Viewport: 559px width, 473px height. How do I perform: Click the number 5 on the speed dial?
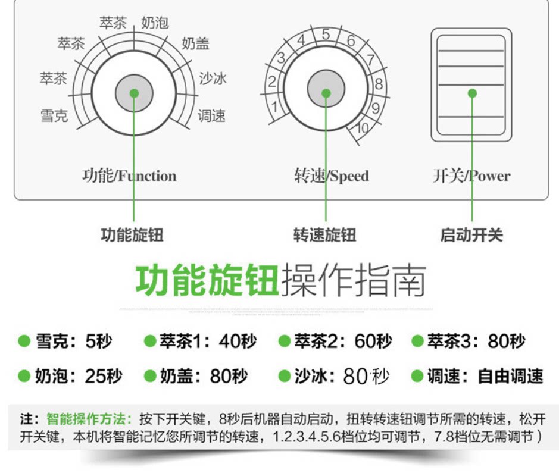pos(326,35)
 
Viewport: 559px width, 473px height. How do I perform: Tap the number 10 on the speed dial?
pos(363,127)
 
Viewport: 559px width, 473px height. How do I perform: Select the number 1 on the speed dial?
pos(274,107)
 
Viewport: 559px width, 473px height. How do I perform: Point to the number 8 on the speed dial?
pos(378,84)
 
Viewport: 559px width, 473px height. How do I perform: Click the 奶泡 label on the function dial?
pos(155,23)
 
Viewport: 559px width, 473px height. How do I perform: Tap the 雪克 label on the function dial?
pos(54,115)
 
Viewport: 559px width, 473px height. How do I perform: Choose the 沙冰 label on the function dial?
pos(213,79)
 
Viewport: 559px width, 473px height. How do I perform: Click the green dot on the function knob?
pos(134,93)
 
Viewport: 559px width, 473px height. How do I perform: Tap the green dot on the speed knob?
pos(326,93)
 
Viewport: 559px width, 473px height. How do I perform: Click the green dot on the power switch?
pos(472,93)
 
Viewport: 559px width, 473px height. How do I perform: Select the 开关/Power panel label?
pos(471,176)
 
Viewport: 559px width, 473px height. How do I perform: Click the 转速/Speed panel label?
pos(332,176)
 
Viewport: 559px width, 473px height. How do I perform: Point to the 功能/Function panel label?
pos(129,176)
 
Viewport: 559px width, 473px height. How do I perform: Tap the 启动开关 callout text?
pos(471,235)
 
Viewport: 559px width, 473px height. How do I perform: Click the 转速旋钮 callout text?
pos(325,235)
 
